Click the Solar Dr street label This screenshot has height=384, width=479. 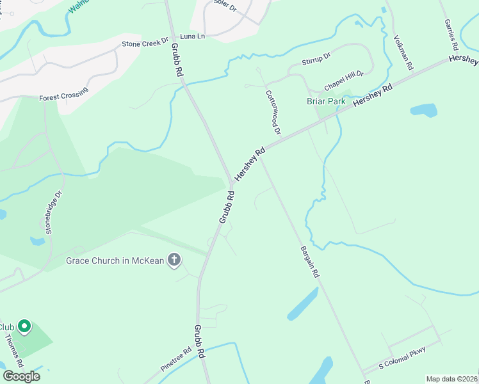(225, 7)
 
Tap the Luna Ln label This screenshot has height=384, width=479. (192, 36)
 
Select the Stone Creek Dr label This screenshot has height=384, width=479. (145, 44)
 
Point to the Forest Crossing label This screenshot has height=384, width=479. (63, 97)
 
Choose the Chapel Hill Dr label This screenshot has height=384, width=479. (343, 80)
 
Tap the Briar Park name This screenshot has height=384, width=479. (326, 101)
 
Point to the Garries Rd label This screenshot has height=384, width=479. (450, 35)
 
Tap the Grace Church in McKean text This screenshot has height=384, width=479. (115, 260)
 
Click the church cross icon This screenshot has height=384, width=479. (174, 260)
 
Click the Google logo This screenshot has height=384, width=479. (21, 376)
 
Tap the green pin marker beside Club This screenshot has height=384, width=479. (24, 327)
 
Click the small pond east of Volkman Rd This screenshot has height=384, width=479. (423, 109)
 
